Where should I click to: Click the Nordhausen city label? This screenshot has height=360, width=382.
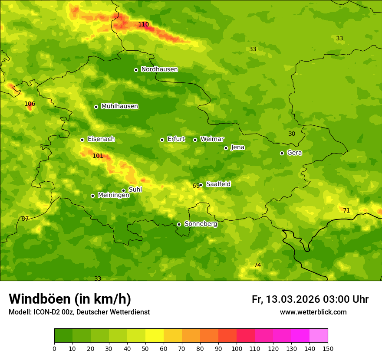coord(159,69)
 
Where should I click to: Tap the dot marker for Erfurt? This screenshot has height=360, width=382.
coord(162,140)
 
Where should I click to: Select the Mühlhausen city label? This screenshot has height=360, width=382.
coord(119,106)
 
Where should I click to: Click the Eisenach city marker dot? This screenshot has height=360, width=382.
coord(82,140)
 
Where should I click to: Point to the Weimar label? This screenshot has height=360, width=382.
coord(212,139)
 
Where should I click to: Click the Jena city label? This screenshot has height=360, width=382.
coord(237,147)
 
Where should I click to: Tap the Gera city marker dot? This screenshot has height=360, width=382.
coord(282,153)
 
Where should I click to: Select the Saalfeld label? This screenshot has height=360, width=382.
coord(218,184)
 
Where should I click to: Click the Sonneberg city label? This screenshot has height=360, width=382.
coord(201,224)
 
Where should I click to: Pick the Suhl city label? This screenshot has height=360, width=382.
coord(135,190)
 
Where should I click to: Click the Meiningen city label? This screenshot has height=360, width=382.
coord(113,195)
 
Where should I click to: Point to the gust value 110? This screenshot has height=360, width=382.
coord(143,25)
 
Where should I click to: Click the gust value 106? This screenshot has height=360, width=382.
coord(30,104)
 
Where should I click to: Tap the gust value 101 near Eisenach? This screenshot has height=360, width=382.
coord(98,156)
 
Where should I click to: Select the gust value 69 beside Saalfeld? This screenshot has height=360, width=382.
coord(196,186)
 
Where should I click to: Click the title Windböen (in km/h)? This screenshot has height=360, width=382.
coord(70,299)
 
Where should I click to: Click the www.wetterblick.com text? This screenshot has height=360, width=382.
coord(313,312)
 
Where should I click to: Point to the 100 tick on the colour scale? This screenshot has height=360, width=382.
coord(237,348)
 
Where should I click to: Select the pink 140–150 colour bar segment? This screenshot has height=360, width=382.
coord(318,335)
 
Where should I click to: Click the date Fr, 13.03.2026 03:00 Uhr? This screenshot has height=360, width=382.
coord(310,299)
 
